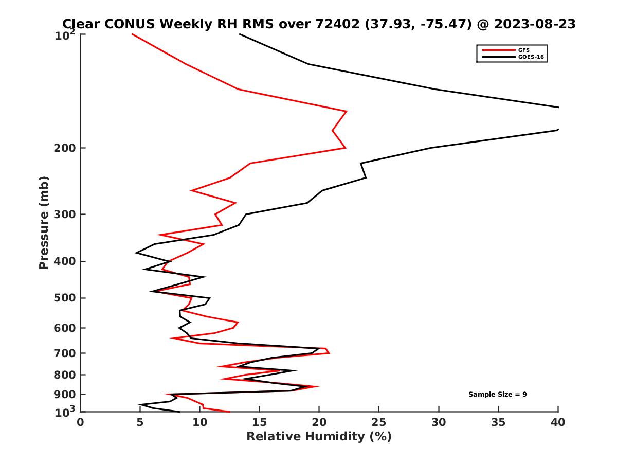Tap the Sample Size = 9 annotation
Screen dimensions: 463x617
497,395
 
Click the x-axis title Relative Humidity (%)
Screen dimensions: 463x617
319,437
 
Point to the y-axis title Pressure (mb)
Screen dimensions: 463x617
44,223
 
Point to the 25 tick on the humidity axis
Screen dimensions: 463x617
379,422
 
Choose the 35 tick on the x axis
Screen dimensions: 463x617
498,422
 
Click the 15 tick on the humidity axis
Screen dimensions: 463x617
260,422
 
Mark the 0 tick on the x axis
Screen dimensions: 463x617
81,422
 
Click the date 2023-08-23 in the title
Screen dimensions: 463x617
534,24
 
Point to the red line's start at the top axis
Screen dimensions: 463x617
132,34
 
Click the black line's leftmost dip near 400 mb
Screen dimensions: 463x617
136,253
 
